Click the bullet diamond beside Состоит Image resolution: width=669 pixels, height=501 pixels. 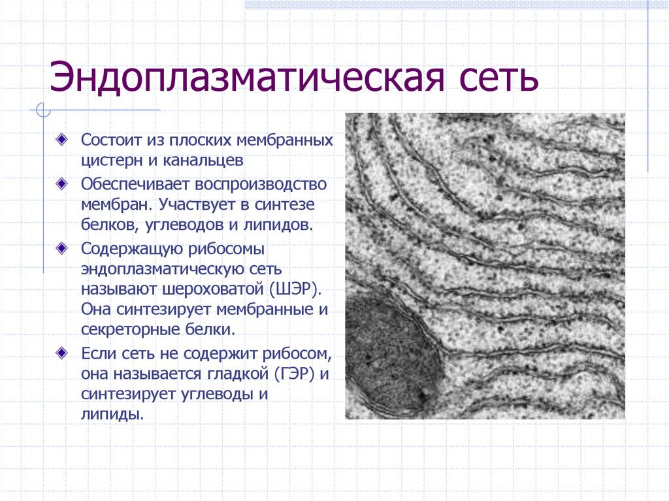coord(61,139)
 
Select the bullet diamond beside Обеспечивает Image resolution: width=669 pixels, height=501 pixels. coord(61,184)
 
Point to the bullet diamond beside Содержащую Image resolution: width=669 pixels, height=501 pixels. coord(61,248)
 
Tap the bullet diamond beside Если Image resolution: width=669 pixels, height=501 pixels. coord(61,353)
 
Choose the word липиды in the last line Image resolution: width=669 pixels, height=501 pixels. coord(112,414)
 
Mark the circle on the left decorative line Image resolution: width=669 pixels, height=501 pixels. coord(44,110)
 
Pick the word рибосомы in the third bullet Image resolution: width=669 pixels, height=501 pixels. coord(226,250)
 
